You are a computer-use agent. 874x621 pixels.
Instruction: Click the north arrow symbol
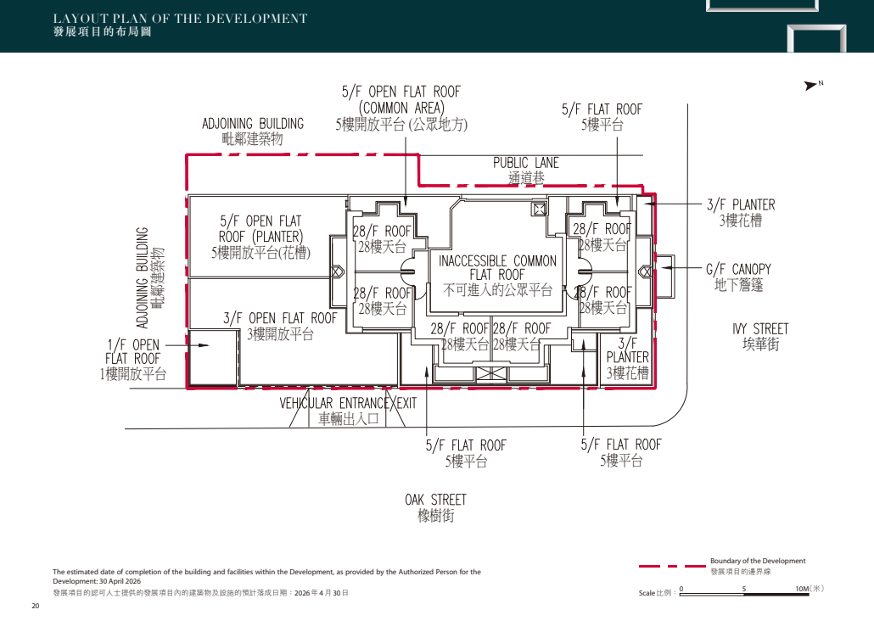coord(810,86)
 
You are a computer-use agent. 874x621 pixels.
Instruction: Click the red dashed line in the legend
coord(672,567)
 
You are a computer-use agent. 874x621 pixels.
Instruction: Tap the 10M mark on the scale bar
coord(802,589)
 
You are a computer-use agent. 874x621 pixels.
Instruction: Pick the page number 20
coord(36,606)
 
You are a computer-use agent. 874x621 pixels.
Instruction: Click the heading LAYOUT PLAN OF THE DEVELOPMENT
coord(180,19)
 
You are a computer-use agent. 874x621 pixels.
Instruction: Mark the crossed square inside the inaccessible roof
coord(539,210)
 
